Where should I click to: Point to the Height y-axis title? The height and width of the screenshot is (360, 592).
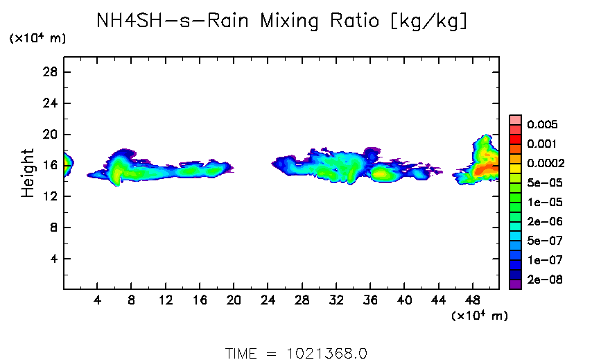[x=28, y=173]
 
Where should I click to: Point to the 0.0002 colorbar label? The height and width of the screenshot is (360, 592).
[x=545, y=164]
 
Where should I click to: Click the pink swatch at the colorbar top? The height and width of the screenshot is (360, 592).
[x=515, y=119]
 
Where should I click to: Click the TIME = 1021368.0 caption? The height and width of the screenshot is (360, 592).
[x=296, y=353]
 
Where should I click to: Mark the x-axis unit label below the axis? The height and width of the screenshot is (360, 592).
[x=479, y=316]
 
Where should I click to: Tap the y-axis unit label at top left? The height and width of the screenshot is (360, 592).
[x=37, y=39]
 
